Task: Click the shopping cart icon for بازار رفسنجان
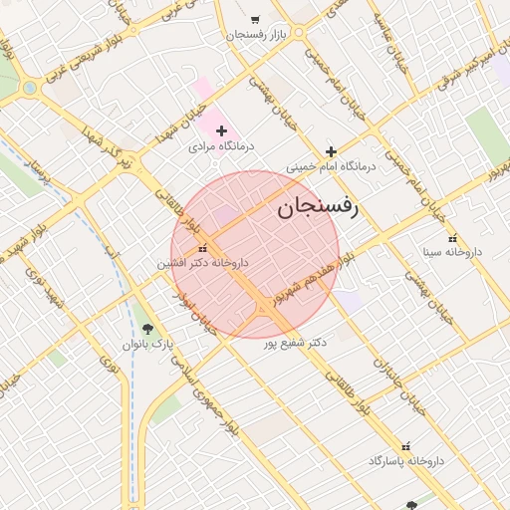(x=255, y=19)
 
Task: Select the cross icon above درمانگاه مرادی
(x=221, y=130)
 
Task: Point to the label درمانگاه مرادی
(x=221, y=145)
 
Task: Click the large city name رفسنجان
(x=317, y=207)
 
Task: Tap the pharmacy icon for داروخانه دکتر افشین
(x=203, y=248)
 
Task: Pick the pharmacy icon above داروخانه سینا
(x=453, y=237)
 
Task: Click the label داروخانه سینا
(x=451, y=252)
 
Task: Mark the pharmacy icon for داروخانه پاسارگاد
(x=405, y=446)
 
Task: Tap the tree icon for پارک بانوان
(x=148, y=328)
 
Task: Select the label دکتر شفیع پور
(x=295, y=342)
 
